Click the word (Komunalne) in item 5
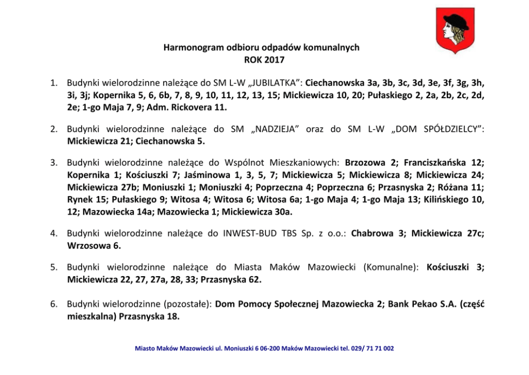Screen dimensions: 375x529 pos(391,268)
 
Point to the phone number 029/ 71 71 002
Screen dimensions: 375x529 pos(371,348)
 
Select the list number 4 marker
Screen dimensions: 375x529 pos(54,234)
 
